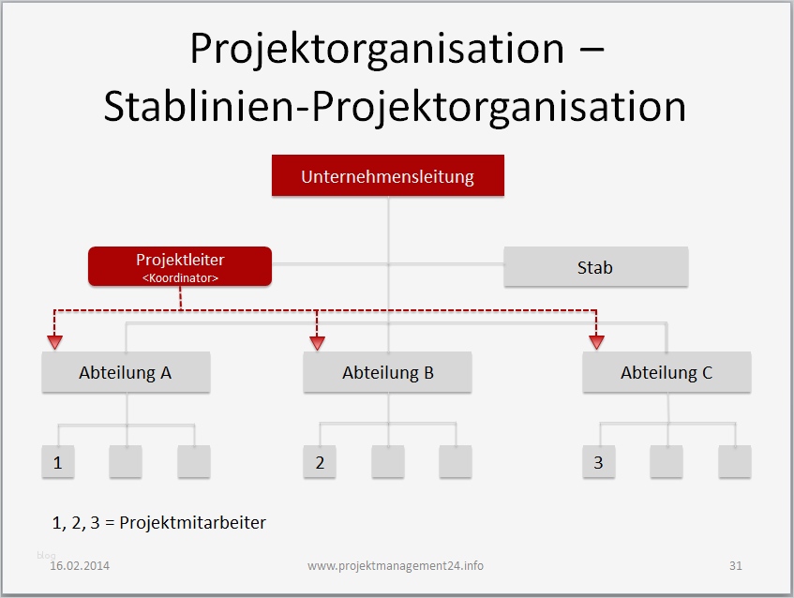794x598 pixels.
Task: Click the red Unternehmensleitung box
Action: pyautogui.click(x=387, y=176)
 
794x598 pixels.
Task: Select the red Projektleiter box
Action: pyautogui.click(x=180, y=266)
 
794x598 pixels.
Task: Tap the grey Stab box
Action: pyautogui.click(x=595, y=267)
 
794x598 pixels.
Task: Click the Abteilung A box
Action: pyautogui.click(x=126, y=372)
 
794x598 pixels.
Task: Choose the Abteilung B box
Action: pyautogui.click(x=387, y=372)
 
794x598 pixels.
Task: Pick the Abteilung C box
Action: pyautogui.click(x=667, y=372)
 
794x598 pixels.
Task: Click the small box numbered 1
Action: pyautogui.click(x=58, y=462)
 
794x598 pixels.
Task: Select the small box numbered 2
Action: pyautogui.click(x=320, y=462)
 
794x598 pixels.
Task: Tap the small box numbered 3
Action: pyautogui.click(x=599, y=462)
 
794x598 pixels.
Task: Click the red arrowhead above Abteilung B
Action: pyautogui.click(x=317, y=342)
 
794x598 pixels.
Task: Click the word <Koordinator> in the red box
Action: pyautogui.click(x=180, y=277)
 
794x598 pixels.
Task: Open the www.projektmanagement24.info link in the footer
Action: pyautogui.click(x=396, y=566)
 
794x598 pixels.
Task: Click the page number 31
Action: pyautogui.click(x=735, y=566)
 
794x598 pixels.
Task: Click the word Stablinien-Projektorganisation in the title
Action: pyautogui.click(x=395, y=107)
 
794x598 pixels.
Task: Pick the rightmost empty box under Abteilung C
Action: pyautogui.click(x=735, y=462)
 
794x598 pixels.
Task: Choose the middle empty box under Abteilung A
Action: pyautogui.click(x=126, y=462)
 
